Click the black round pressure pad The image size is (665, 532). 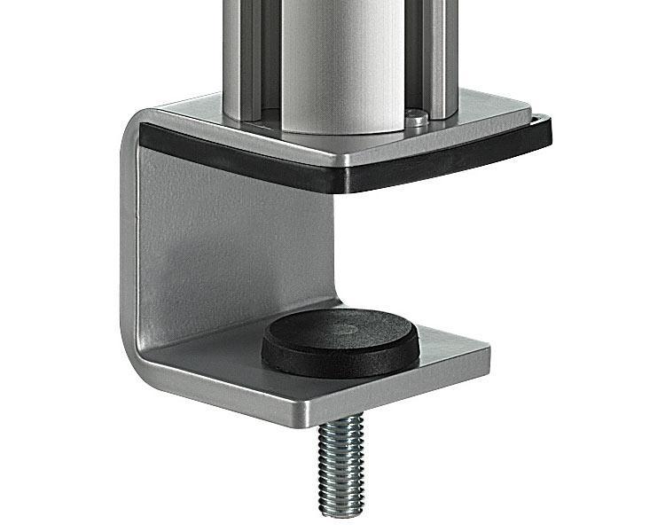pos(340,341)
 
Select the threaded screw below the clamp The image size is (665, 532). pos(342,461)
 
